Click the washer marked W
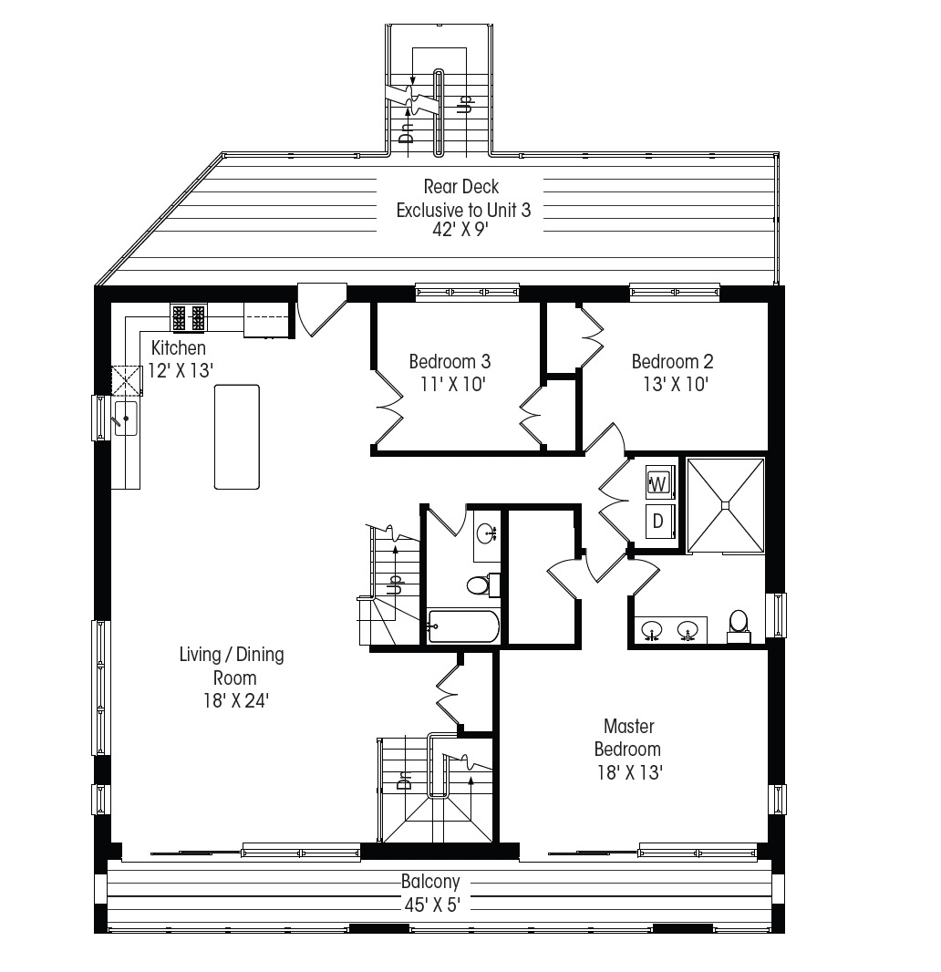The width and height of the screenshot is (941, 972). click(x=658, y=481)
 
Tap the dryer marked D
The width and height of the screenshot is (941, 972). click(x=658, y=522)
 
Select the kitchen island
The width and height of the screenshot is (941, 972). click(x=236, y=437)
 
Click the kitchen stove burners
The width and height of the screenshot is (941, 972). click(x=189, y=318)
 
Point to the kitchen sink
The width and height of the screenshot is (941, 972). click(x=125, y=419)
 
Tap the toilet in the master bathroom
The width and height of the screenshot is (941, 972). click(x=738, y=624)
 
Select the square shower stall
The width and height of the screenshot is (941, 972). click(x=725, y=504)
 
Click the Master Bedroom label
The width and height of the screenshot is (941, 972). click(x=627, y=738)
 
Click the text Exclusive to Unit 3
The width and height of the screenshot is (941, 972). click(x=462, y=211)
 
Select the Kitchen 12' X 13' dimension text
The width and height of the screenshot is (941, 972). click(x=180, y=371)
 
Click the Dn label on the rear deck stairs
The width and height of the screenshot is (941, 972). click(x=407, y=132)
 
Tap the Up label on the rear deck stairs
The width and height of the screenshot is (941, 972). click(x=463, y=103)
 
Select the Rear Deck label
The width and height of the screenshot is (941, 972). click(x=461, y=187)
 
